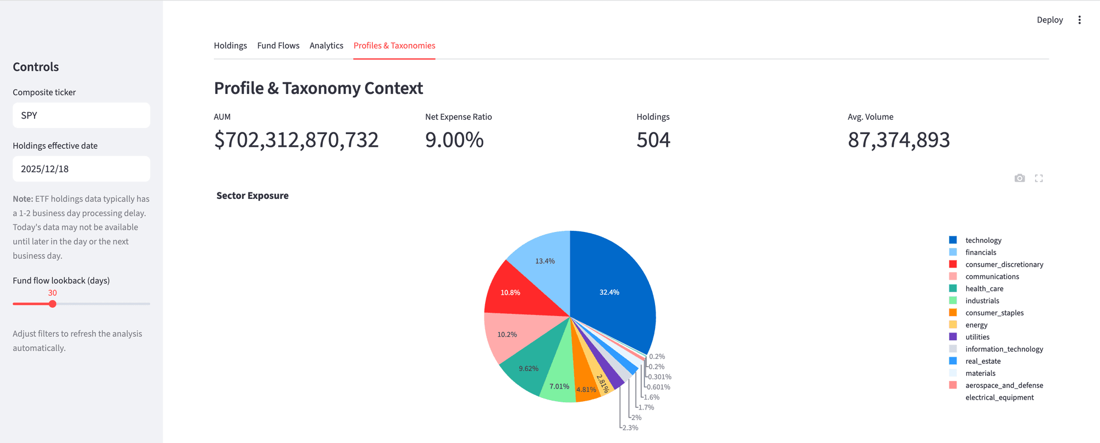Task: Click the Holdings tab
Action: [230, 46]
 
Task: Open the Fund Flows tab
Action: [278, 46]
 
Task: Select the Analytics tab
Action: [326, 46]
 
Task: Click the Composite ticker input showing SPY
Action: [81, 115]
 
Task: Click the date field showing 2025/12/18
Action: [81, 169]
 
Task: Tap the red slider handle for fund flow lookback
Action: [53, 304]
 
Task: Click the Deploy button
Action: [1049, 20]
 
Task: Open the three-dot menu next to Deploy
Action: [1080, 20]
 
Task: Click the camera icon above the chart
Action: [1020, 178]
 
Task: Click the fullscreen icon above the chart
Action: [1039, 178]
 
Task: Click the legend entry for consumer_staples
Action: [994, 313]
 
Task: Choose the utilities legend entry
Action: [977, 337]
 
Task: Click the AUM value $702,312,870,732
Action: [296, 140]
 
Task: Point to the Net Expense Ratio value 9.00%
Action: [454, 140]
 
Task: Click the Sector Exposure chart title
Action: [252, 196]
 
